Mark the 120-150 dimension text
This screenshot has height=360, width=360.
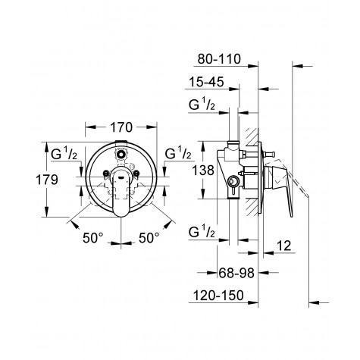pyautogui.click(x=221, y=298)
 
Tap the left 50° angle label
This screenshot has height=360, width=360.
pyautogui.click(x=92, y=238)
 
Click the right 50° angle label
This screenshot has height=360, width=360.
pyautogui.click(x=150, y=238)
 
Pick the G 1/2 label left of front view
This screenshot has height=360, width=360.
pyautogui.click(x=63, y=154)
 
